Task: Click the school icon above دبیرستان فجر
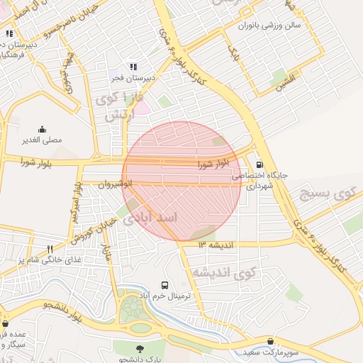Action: click(x=133, y=67)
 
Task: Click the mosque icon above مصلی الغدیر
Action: click(x=42, y=129)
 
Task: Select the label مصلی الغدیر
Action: click(x=42, y=140)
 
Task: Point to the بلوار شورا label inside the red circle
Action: click(x=213, y=164)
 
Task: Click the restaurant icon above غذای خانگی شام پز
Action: click(x=50, y=249)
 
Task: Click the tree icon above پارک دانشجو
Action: click(x=139, y=347)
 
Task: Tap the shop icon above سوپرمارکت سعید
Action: click(x=270, y=341)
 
